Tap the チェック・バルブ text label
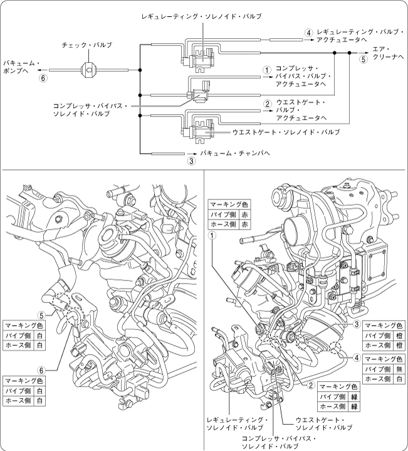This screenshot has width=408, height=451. (x=87, y=46)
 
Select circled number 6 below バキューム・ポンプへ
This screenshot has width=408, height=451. (x=43, y=78)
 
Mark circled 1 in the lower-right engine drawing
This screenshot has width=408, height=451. (x=212, y=235)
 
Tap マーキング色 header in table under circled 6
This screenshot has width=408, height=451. (x=23, y=381)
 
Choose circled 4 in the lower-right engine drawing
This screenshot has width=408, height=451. (x=356, y=358)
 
